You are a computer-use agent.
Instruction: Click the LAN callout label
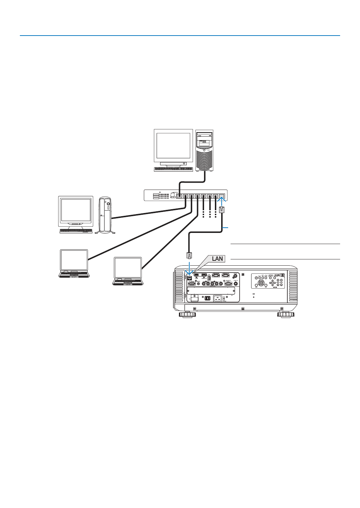pyautogui.click(x=217, y=259)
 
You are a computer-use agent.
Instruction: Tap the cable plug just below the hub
pyautogui.click(x=222, y=210)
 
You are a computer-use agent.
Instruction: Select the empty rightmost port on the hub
pyautogui.click(x=222, y=196)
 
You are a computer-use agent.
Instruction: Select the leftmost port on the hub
pyautogui.click(x=179, y=196)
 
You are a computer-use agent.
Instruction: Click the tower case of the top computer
pyautogui.click(x=204, y=150)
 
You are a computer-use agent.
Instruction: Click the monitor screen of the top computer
pyautogui.click(x=173, y=145)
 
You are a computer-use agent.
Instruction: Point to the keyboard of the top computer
pyautogui.click(x=173, y=169)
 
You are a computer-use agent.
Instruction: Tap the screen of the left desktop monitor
pyautogui.click(x=75, y=210)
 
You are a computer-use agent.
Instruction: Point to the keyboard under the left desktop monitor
pyautogui.click(x=76, y=231)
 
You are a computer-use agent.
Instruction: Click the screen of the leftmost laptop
pyautogui.click(x=74, y=260)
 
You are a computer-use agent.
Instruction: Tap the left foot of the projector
pyautogui.click(x=187, y=314)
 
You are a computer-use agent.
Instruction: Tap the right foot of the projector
pyautogui.click(x=286, y=314)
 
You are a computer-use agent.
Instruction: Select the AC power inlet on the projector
pyautogui.click(x=218, y=298)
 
